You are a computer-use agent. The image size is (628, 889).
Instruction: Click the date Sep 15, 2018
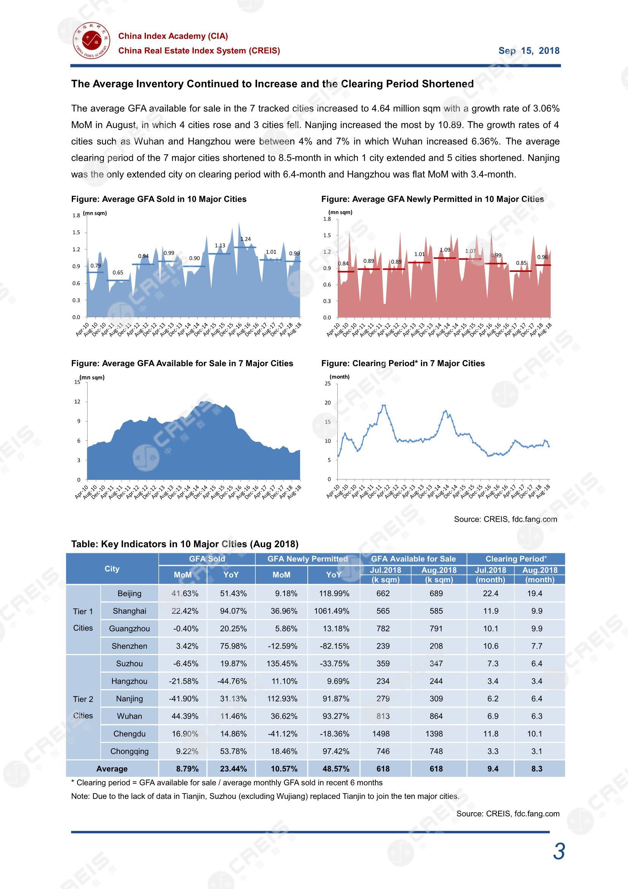point(528,51)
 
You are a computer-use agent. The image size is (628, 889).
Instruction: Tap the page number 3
point(559,851)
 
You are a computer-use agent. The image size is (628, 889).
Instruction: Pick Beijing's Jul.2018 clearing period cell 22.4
point(490,594)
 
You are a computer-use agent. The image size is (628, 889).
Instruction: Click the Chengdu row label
point(129,734)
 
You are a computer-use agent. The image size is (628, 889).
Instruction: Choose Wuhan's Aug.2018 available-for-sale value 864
point(436,716)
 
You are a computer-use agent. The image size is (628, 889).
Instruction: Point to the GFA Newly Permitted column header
point(307,559)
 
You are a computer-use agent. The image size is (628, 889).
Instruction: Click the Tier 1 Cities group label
point(83,619)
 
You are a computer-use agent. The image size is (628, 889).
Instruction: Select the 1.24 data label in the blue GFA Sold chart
point(245,239)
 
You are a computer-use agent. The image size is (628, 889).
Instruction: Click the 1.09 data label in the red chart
point(445,250)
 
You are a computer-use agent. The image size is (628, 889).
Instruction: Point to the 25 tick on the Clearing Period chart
point(328,383)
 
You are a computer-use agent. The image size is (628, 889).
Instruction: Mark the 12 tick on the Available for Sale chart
point(78,402)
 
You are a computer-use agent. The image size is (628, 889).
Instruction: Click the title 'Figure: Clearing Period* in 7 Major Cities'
point(403,363)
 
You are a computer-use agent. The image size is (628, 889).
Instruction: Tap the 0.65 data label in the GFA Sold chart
point(118,273)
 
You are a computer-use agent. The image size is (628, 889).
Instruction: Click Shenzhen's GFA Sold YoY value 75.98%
point(233,646)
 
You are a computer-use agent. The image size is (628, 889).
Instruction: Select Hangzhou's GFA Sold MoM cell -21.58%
point(183,681)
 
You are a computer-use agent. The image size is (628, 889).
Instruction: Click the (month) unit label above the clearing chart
point(339,377)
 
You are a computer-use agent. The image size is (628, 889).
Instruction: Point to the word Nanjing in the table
point(129,698)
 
